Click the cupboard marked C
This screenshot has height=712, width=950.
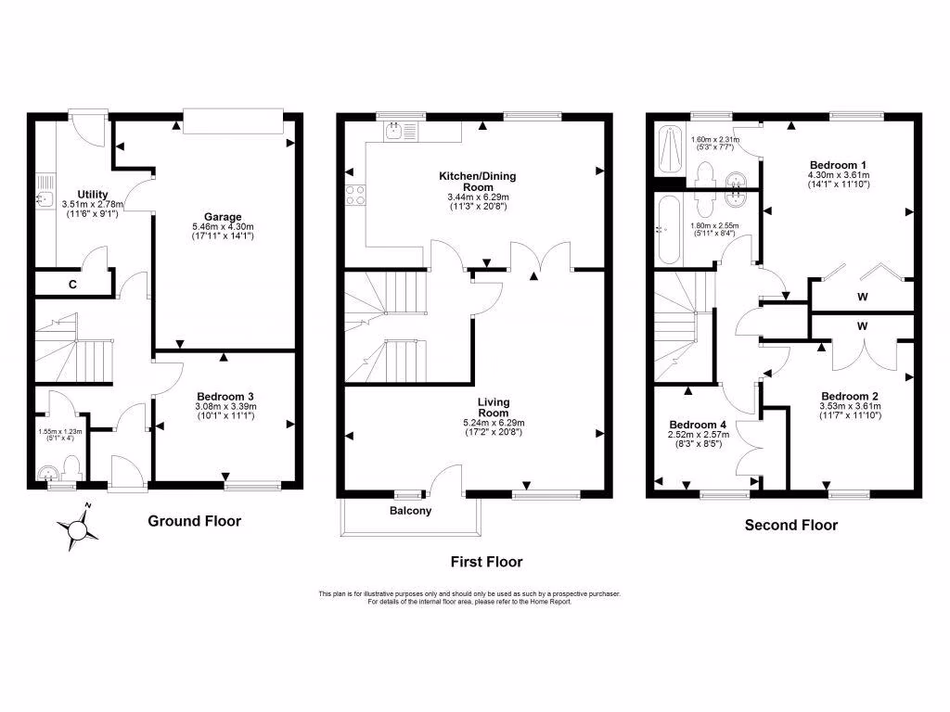[x=72, y=285]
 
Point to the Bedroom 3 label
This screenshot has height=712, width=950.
[x=224, y=396]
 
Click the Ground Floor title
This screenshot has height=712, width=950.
[x=195, y=521]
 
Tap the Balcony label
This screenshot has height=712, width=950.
[x=410, y=511]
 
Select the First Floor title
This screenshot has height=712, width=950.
[x=486, y=562]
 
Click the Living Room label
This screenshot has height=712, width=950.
[x=494, y=407]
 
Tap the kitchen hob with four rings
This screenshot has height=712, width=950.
[x=355, y=195]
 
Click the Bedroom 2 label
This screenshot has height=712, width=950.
[x=848, y=393]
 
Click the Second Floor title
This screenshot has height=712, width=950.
[x=791, y=525]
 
